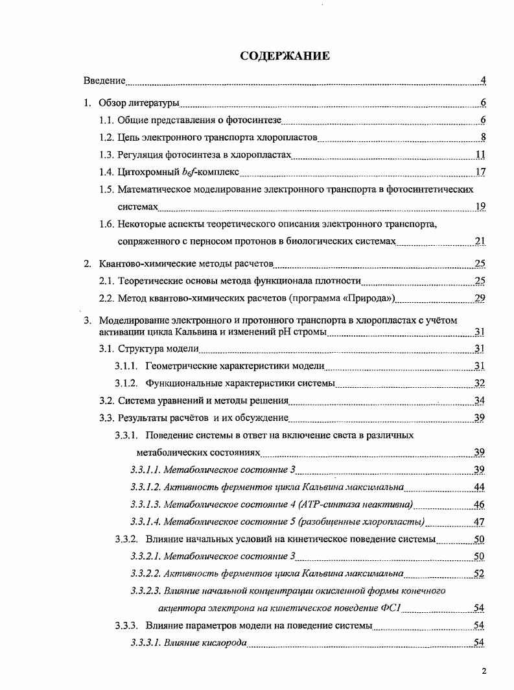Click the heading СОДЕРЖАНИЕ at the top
pos(285,56)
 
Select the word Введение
pos(104,81)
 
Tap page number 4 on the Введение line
pos(483,81)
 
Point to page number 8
pos(483,137)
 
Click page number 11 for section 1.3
pos(480,155)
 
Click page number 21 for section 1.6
pos(480,241)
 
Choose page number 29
pos(480,298)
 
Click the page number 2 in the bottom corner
pos(484,671)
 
